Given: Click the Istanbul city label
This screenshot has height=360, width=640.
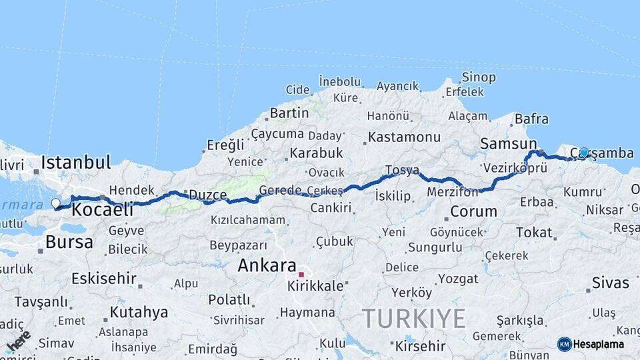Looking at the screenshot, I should [x=75, y=162].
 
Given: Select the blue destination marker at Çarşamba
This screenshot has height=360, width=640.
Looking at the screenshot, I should [x=585, y=153].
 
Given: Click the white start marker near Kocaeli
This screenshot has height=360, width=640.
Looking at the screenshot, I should [x=55, y=203].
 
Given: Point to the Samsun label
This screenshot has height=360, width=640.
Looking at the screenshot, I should [x=508, y=144].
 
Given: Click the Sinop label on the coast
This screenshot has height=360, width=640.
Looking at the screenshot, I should [x=479, y=77].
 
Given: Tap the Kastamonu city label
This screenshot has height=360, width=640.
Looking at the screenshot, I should [x=404, y=137].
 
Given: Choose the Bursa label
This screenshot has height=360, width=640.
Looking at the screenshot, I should [x=69, y=242].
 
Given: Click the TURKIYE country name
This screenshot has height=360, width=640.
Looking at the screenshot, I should [x=413, y=319].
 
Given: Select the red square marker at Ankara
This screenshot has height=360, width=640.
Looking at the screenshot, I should [x=301, y=275].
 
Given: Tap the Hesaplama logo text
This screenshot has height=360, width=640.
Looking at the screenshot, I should [x=599, y=344].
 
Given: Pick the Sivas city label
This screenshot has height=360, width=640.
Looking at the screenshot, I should [x=611, y=283].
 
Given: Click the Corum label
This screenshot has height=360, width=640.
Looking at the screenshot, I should [x=473, y=212].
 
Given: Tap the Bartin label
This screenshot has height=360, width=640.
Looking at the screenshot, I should [x=289, y=113].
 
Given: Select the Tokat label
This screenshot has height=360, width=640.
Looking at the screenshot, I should [x=534, y=233].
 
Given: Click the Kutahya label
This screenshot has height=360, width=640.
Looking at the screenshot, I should [x=139, y=312].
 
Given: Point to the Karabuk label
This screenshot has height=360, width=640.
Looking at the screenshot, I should [x=316, y=153].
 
